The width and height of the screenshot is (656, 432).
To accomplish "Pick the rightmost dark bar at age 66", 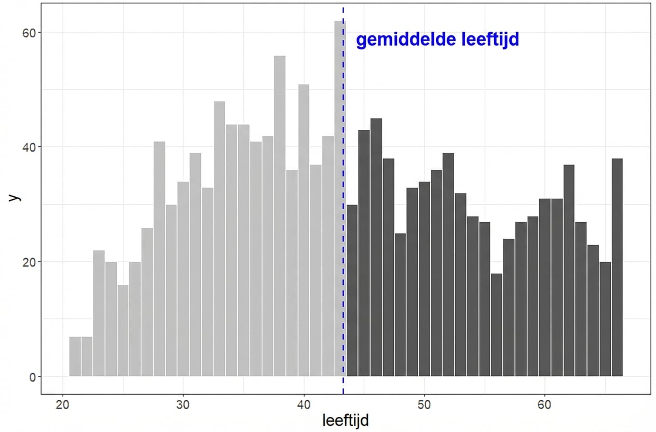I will tap(617, 267).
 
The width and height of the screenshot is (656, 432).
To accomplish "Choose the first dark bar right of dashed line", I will tap(352, 290).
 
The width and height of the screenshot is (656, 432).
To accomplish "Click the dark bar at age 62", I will tap(569, 270).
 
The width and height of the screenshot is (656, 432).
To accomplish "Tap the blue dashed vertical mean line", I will tap(344, 208).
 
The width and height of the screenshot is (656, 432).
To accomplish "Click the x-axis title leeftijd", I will tap(346, 420).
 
